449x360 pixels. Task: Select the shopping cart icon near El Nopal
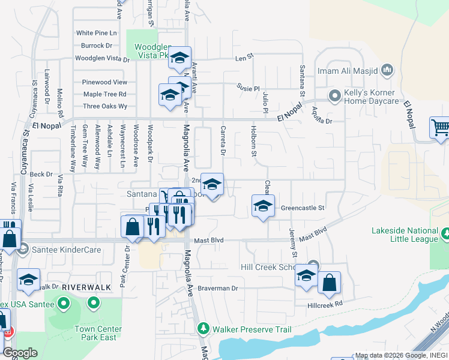pos(440,128)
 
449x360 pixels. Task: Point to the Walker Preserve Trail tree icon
pos(203,329)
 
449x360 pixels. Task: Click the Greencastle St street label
pos(303,208)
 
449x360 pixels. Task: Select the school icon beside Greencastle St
pos(262,206)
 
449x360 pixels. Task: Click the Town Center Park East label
pos(98,333)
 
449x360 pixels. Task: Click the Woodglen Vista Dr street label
pos(102,59)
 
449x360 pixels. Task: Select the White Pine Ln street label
pos(97,33)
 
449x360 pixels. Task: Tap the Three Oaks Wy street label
pos(105,106)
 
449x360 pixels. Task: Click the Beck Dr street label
pos(41,174)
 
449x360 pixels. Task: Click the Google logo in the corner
pos(20,353)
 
